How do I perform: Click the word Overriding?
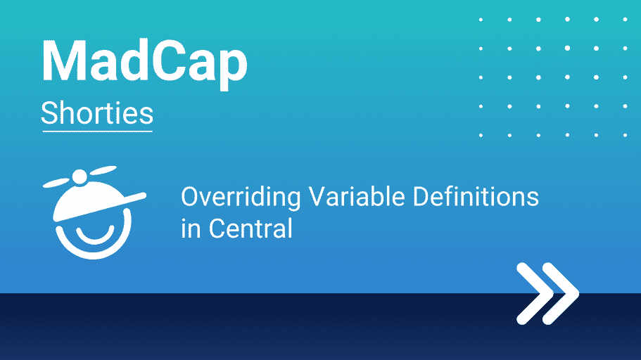[241, 198]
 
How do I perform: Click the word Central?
[250, 228]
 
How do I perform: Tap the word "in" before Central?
[191, 228]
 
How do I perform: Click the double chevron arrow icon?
[548, 294]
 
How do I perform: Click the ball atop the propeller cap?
[80, 177]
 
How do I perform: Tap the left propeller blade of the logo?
[57, 183]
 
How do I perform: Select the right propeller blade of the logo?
[103, 170]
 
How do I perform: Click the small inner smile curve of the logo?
[95, 235]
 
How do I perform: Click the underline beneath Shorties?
[97, 131]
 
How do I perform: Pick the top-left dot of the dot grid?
[481, 20]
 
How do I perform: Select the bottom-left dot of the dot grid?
[481, 135]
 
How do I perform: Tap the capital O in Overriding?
[190, 197]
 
